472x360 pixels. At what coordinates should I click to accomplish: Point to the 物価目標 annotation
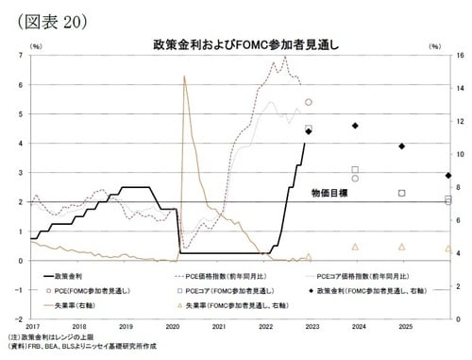[329, 193]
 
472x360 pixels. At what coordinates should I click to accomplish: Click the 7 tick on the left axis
[22, 56]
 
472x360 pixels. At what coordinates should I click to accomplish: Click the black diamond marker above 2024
[355, 127]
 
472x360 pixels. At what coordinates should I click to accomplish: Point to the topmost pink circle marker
[309, 102]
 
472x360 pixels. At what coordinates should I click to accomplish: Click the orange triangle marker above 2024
[355, 247]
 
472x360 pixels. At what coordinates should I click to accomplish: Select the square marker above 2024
[355, 170]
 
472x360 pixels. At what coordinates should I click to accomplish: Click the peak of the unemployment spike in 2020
[183, 76]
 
